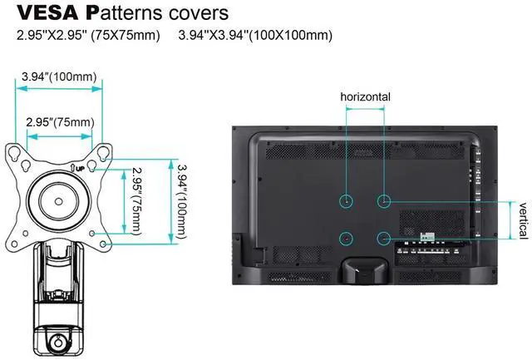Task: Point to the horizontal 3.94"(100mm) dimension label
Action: pyautogui.click(x=60, y=77)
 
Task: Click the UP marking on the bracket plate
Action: pyautogui.click(x=76, y=168)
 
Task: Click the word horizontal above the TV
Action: pyautogui.click(x=365, y=97)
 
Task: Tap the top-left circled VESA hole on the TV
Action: pyautogui.click(x=347, y=201)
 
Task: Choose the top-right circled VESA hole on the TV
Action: pyautogui.click(x=383, y=201)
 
